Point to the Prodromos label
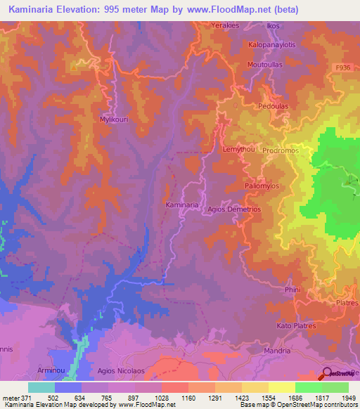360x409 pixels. coord(281,150)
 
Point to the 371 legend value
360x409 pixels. coord(20,398)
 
